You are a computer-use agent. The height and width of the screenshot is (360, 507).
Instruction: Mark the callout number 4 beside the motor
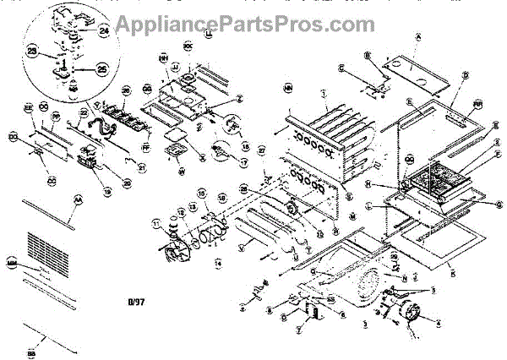click(437, 320)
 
